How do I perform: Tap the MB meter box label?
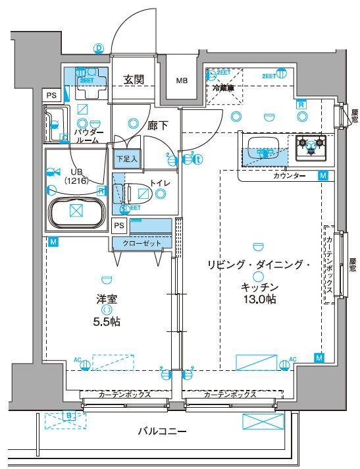click(x=180, y=80)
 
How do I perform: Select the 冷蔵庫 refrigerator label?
click(x=224, y=87)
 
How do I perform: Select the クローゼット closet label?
click(x=141, y=242)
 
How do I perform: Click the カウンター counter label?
click(x=289, y=176)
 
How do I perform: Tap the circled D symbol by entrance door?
click(x=99, y=48)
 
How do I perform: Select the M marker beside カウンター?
click(x=322, y=175)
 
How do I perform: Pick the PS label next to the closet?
click(x=118, y=225)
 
